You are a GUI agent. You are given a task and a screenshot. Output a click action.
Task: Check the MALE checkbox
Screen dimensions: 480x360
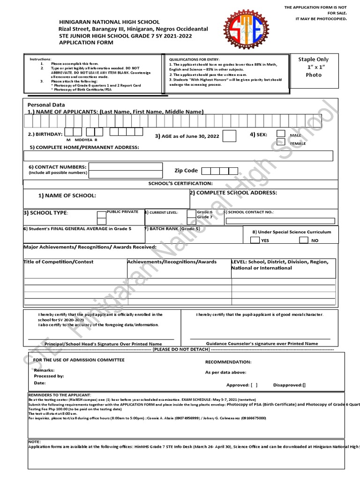point(281,134)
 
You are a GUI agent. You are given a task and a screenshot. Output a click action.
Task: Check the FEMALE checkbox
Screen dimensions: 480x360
point(281,142)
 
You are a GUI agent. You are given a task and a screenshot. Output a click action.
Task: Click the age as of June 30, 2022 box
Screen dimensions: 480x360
point(229,136)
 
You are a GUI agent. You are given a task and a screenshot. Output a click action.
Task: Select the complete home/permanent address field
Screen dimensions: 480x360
point(179,156)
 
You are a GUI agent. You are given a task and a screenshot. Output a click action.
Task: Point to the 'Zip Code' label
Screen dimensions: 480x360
point(186,171)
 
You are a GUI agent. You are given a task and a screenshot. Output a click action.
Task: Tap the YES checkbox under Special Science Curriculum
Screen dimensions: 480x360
point(255,240)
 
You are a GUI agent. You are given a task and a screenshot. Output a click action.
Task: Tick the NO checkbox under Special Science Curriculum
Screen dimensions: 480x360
point(304,240)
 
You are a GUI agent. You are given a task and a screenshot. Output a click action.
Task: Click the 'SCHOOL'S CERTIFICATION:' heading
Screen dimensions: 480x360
point(180,183)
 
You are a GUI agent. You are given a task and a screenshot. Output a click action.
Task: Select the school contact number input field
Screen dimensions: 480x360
point(280,221)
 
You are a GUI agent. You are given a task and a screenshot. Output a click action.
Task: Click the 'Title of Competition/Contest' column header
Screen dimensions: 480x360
point(59,262)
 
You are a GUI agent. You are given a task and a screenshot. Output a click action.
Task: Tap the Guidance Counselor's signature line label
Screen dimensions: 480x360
point(262,344)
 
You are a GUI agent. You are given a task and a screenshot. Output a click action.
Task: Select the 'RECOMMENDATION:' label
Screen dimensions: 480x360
point(228,362)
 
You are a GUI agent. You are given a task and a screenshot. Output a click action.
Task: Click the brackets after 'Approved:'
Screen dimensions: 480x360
point(254,385)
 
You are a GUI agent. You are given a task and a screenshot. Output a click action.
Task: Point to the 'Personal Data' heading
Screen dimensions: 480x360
point(46,105)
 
